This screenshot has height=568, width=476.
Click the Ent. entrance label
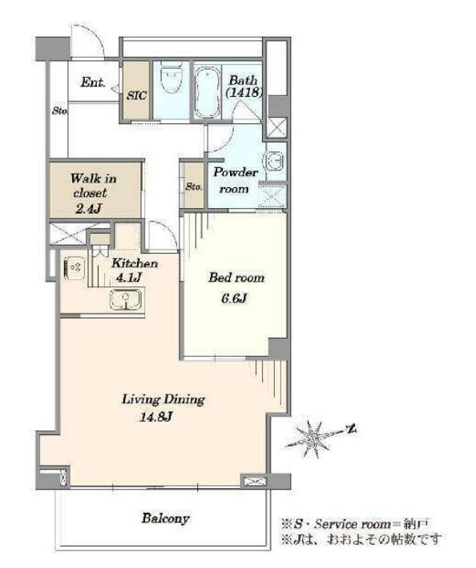point(93,82)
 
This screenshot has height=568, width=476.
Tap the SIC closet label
point(137,95)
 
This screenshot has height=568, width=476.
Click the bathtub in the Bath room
point(208,92)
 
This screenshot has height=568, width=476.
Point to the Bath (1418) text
point(244,86)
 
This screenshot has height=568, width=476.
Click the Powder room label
point(235,180)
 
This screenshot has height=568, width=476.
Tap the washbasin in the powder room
point(273,161)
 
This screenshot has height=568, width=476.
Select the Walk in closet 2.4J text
point(93,194)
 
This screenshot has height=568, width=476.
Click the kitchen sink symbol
point(126,300)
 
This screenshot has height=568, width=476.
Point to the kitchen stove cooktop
point(75,268)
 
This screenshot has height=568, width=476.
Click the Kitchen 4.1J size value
point(127,278)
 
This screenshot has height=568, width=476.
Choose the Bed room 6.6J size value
point(234,298)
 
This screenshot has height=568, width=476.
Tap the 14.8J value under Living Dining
point(155,418)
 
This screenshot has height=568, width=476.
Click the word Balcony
point(165,518)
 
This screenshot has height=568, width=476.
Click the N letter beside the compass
point(351,430)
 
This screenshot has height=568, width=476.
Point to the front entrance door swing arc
point(95,34)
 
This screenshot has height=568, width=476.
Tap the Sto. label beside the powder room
point(194,186)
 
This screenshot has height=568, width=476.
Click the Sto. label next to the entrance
point(59,111)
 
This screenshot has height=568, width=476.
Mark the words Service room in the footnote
point(353,524)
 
